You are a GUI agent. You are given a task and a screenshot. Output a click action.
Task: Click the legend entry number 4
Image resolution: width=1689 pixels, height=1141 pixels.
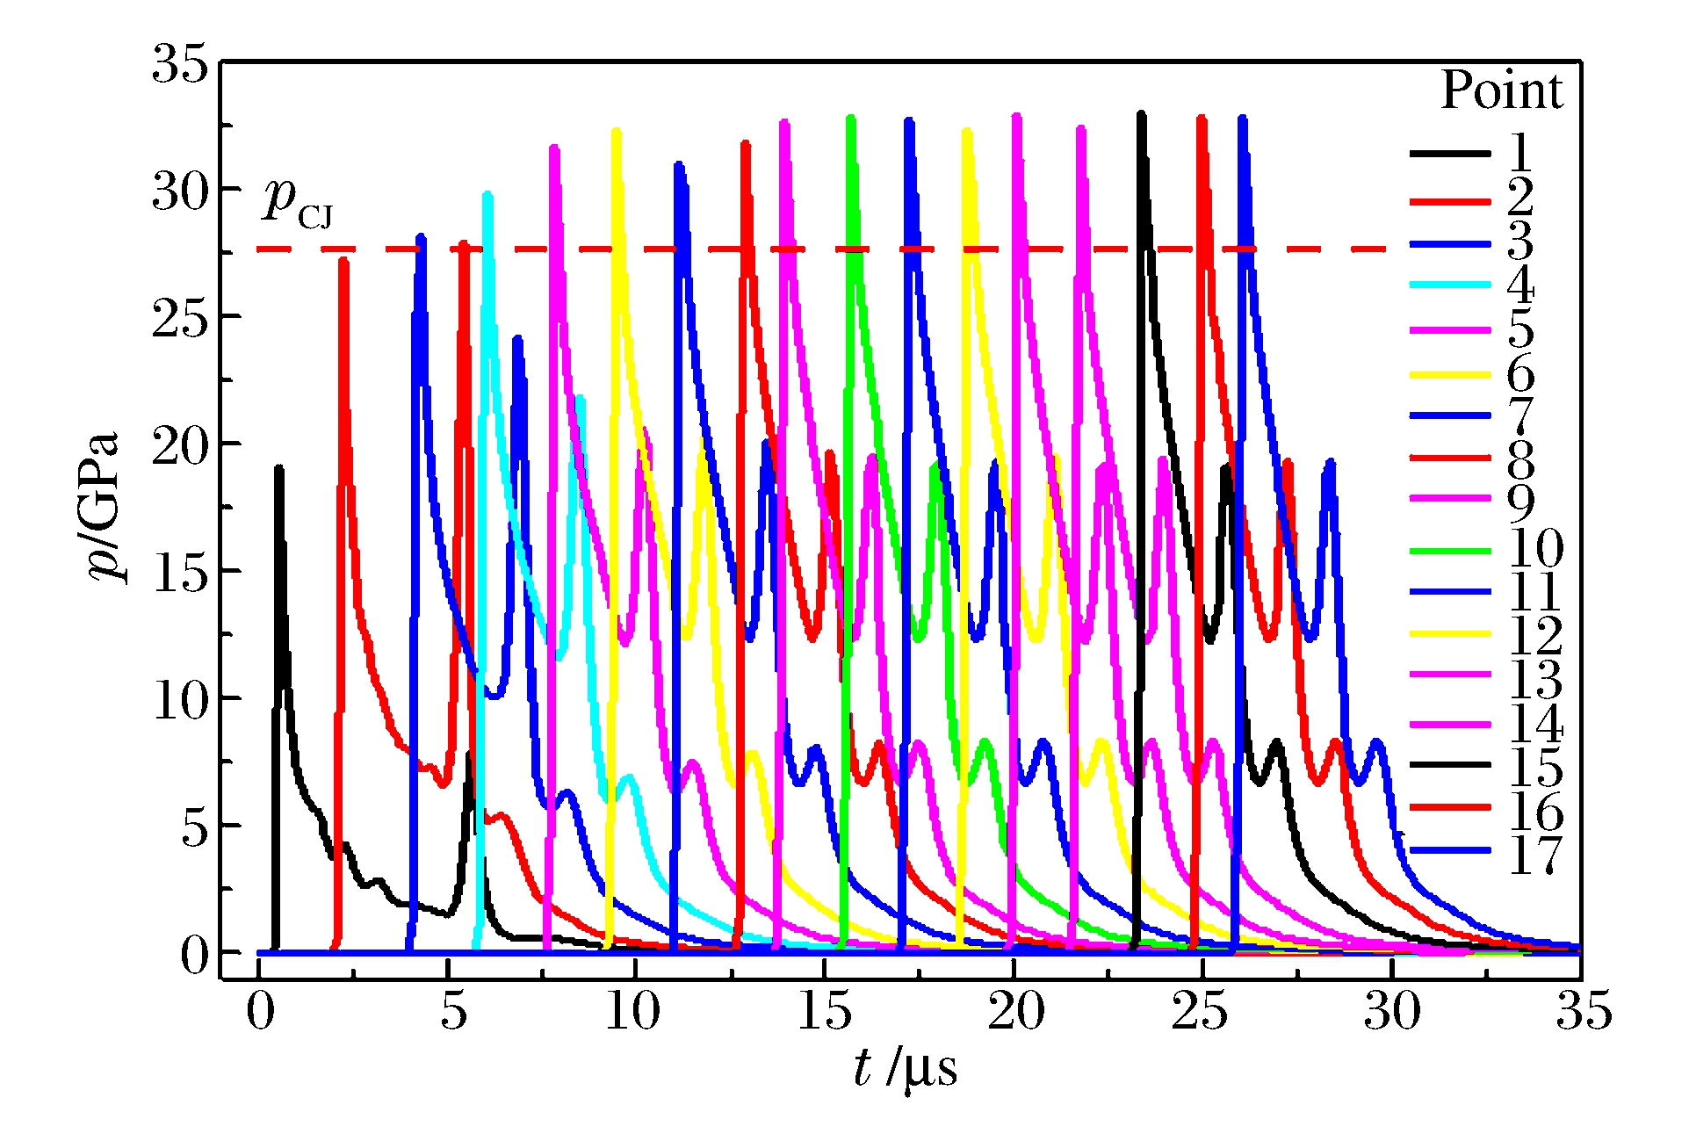point(1520,285)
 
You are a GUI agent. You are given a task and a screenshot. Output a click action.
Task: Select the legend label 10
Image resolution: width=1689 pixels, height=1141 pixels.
point(1535,549)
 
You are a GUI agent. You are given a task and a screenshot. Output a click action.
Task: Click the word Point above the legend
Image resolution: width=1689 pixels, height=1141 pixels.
point(1502,90)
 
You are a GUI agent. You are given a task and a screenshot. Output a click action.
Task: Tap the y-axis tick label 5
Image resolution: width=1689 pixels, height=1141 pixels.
point(195,827)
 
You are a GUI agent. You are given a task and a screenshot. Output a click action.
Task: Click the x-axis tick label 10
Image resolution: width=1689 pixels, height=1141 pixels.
point(632,1012)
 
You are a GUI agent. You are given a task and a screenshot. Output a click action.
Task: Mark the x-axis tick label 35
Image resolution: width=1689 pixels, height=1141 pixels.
point(1584,1012)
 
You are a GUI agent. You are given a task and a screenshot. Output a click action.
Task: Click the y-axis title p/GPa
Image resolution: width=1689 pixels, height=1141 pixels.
point(104,507)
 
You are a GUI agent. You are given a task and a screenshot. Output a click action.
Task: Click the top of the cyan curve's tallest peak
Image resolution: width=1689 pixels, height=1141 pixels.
point(487,195)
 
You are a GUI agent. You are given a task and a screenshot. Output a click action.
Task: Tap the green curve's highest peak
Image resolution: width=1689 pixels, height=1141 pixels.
point(850,118)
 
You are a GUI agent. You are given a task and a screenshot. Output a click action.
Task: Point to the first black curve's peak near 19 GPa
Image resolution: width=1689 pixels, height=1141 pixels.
point(279,468)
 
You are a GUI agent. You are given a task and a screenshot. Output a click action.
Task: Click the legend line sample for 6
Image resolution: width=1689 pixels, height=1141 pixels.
point(1450,375)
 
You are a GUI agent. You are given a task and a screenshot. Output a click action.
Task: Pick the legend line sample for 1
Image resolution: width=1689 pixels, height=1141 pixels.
point(1450,154)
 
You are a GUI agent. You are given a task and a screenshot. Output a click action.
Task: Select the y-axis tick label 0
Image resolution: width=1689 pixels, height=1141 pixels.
point(195,955)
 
